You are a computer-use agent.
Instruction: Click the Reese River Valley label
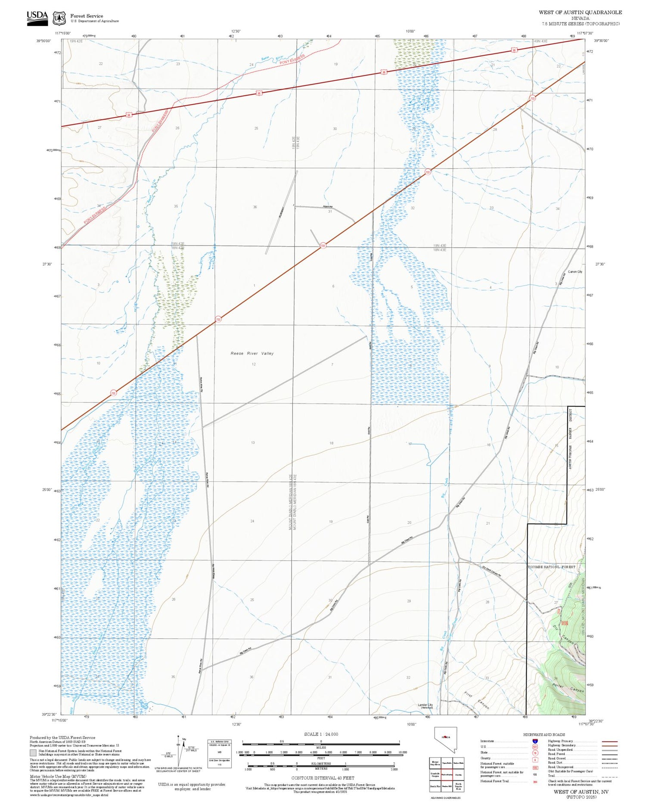[x=252, y=353]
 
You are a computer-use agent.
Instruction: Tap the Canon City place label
[x=575, y=272]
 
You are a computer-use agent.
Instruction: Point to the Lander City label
[x=425, y=706]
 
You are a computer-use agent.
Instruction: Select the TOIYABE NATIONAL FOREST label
[x=551, y=567]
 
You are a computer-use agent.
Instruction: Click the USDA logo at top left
[x=37, y=18]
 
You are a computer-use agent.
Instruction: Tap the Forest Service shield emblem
[x=59, y=19]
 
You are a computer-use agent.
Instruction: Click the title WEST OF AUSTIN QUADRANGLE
[x=580, y=12]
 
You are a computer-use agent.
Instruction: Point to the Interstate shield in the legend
[x=535, y=741]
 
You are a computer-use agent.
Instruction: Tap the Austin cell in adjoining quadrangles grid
[x=458, y=774]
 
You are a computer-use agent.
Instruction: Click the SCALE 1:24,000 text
[x=321, y=734]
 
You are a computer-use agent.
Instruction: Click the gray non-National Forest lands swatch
[x=33, y=752]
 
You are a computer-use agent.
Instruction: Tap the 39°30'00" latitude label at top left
[x=43, y=41]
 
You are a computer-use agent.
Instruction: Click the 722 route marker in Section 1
[x=218, y=319]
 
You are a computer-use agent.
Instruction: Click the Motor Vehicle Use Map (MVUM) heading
[x=58, y=776]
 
